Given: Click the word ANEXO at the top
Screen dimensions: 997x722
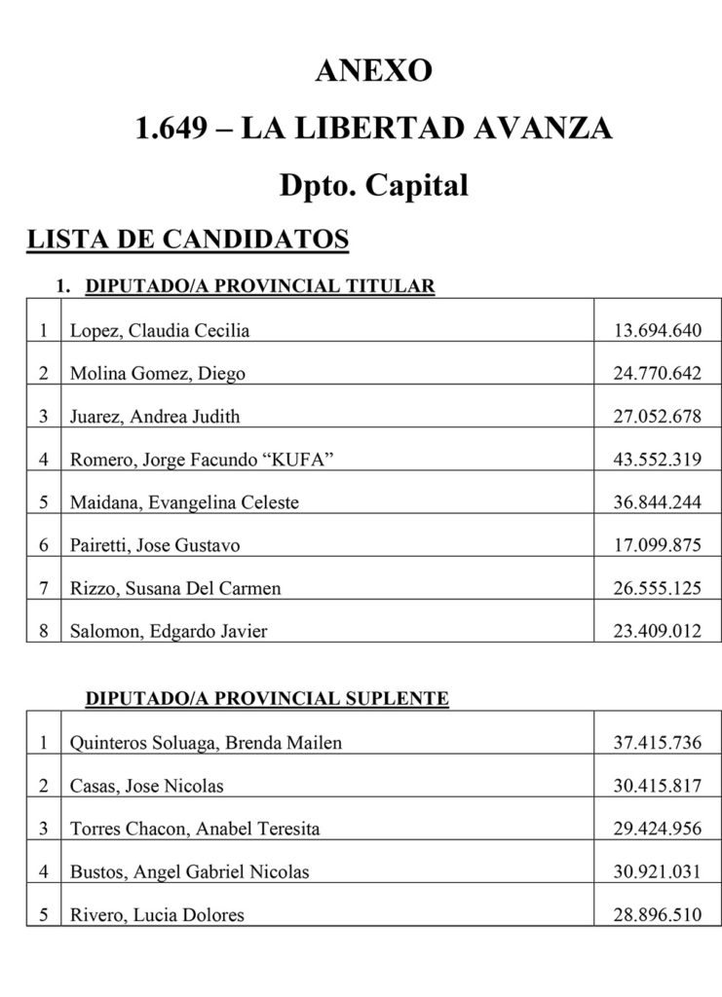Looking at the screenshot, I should click(x=373, y=71).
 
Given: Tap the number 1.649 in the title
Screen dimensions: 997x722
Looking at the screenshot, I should click(x=174, y=128).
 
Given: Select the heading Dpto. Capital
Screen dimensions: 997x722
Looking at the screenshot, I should click(x=373, y=185).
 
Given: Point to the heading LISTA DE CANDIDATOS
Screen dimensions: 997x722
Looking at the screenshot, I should click(x=187, y=240).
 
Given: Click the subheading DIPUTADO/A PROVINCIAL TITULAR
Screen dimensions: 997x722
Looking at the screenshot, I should click(x=260, y=286).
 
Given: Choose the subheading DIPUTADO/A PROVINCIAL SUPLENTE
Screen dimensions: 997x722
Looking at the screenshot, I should click(x=267, y=699).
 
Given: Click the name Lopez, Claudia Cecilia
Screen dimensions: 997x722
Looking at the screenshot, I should click(x=160, y=331).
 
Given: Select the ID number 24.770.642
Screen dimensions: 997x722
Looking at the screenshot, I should click(x=657, y=374).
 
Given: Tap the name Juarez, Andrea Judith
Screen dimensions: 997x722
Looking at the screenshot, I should click(x=155, y=417).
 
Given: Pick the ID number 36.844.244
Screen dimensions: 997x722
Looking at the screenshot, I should click(x=657, y=502).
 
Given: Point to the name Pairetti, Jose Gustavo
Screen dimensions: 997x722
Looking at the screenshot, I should click(x=155, y=545).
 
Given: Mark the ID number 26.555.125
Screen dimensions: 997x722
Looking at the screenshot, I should click(x=657, y=588).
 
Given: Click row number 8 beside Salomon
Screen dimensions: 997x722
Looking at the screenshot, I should click(x=44, y=631).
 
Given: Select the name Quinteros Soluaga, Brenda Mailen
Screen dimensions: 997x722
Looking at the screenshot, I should click(x=206, y=744).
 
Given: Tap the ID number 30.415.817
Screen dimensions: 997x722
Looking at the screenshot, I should click(x=657, y=787).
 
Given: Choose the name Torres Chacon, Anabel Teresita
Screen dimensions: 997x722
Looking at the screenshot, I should click(x=195, y=830).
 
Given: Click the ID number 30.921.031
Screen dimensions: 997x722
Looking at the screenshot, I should click(x=657, y=872).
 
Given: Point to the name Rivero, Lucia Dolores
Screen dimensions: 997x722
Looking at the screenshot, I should click(x=157, y=915).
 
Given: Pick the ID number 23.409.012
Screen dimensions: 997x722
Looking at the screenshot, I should click(x=657, y=631).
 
